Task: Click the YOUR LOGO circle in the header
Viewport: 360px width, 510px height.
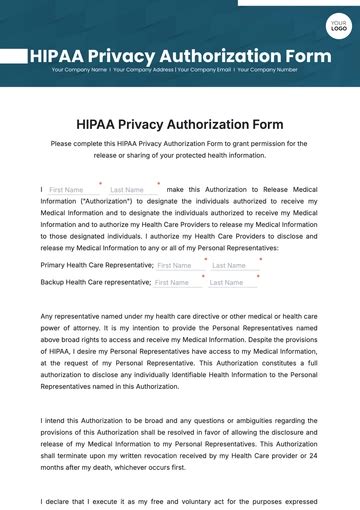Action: click(337, 24)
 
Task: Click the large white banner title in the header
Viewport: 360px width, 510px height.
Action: click(180, 55)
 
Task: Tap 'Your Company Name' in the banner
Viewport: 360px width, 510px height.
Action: click(79, 70)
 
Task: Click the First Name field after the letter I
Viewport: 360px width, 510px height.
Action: click(73, 190)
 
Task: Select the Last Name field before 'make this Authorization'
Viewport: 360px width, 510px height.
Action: click(132, 190)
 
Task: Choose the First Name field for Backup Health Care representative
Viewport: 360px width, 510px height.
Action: click(177, 283)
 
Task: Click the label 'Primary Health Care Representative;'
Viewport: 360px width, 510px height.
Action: click(97, 266)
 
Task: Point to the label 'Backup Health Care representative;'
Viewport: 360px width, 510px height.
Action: click(95, 283)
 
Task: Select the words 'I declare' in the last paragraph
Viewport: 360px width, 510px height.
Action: click(57, 501)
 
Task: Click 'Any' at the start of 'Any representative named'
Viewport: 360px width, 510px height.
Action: click(47, 316)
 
